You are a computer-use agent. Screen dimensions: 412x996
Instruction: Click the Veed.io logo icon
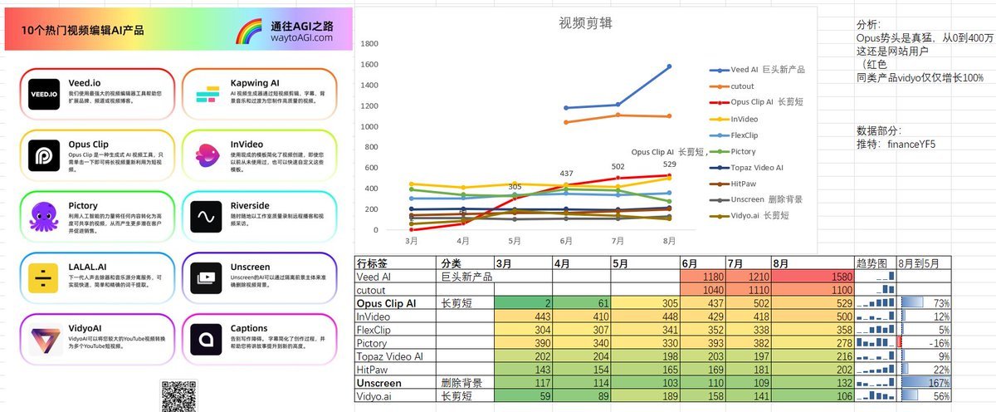46,94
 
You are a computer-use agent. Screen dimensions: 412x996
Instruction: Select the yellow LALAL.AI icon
46,278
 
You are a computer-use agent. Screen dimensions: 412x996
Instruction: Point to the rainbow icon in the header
249,31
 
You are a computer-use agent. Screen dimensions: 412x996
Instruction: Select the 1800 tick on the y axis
370,44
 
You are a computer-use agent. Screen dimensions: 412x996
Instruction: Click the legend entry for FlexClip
750,135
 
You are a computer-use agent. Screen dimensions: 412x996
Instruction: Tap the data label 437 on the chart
566,174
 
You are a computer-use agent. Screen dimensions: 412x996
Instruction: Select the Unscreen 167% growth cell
925,384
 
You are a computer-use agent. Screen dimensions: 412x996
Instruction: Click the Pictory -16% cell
925,344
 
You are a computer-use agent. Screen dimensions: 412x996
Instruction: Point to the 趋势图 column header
871,262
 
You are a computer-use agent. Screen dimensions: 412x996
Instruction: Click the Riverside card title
249,205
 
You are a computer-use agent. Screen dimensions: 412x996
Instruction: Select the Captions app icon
204,340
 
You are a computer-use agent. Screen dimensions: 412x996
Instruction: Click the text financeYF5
911,144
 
